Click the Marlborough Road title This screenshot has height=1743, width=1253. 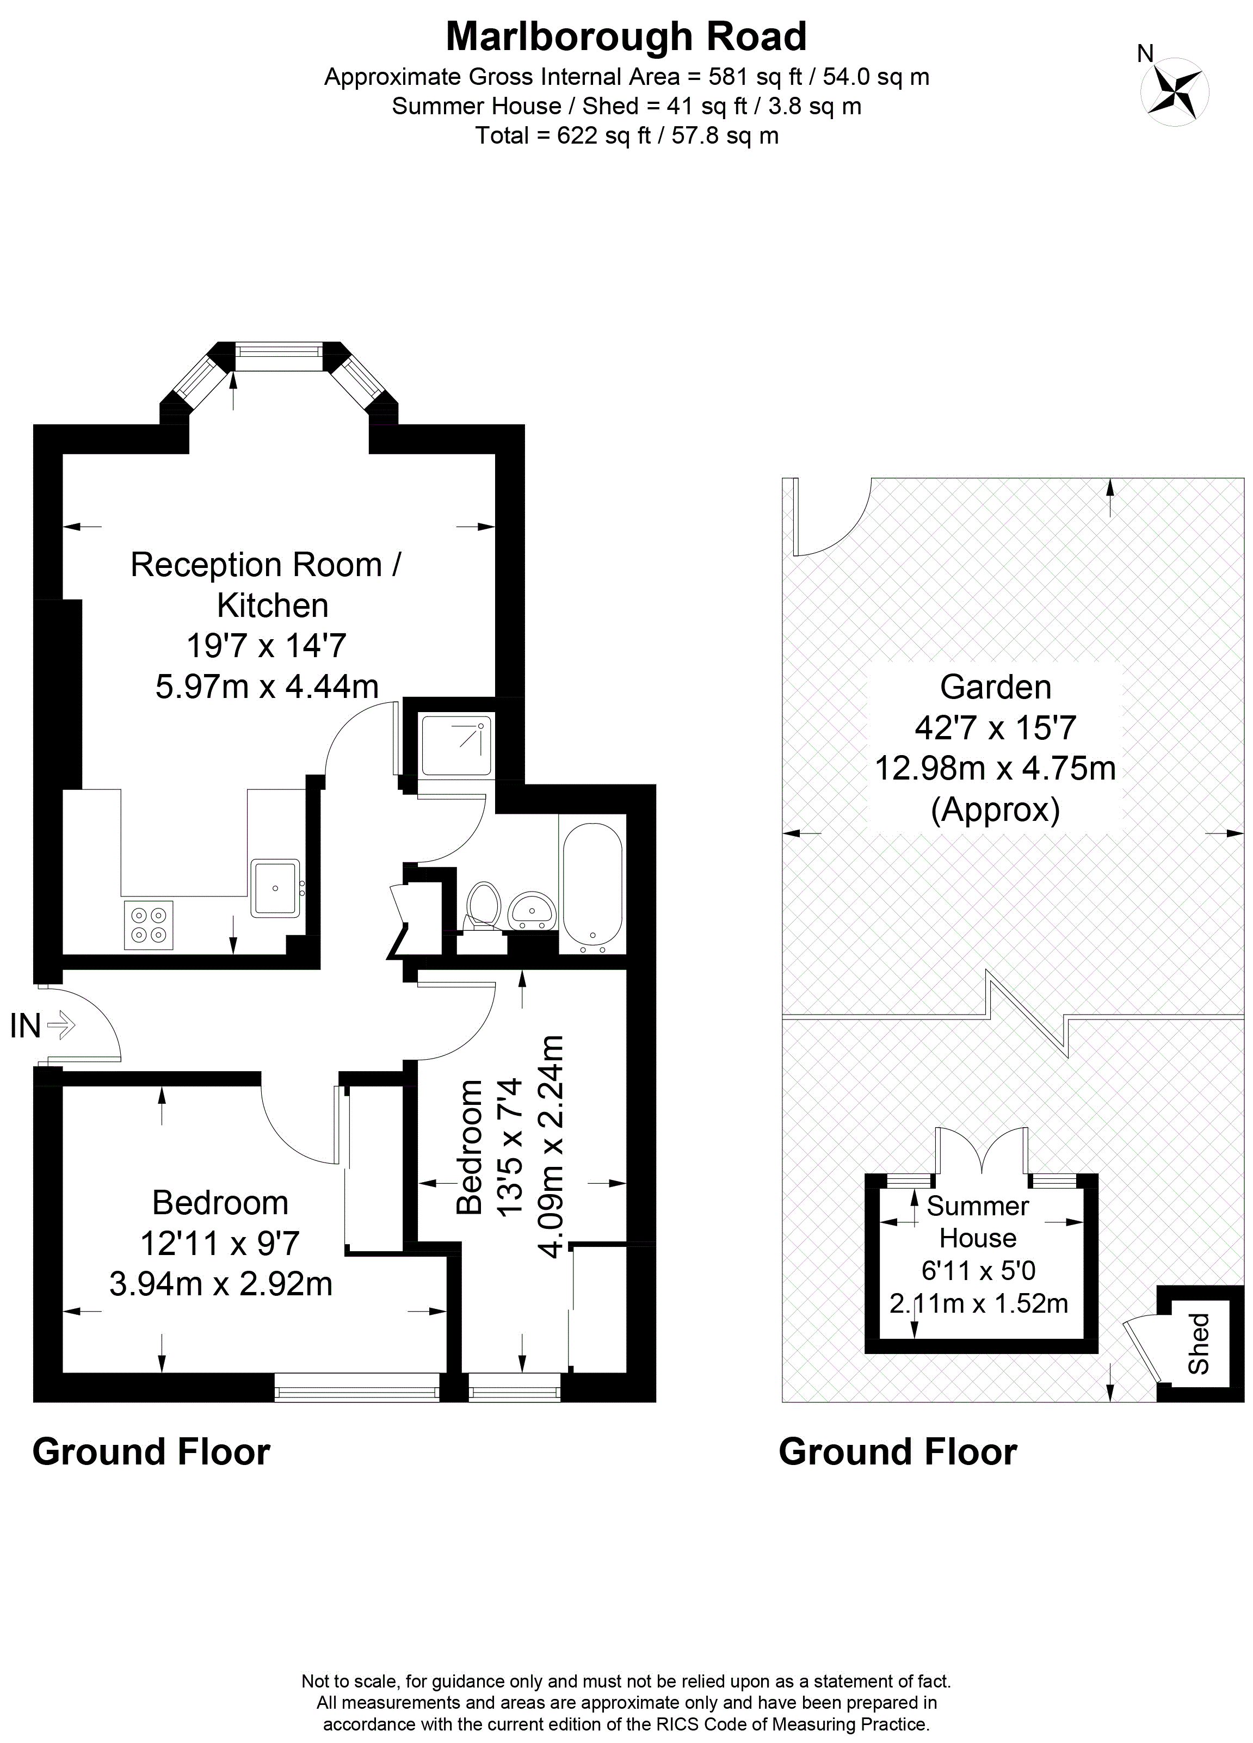coord(627,36)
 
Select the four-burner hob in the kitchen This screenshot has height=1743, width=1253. coord(149,924)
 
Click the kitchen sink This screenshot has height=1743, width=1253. coord(274,887)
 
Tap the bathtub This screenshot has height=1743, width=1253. coord(592,888)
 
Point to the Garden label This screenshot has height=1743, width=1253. coord(996,687)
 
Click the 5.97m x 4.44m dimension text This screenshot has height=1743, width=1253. coord(267,685)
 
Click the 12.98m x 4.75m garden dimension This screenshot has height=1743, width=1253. coord(996,768)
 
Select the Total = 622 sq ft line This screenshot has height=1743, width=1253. coord(627,135)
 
